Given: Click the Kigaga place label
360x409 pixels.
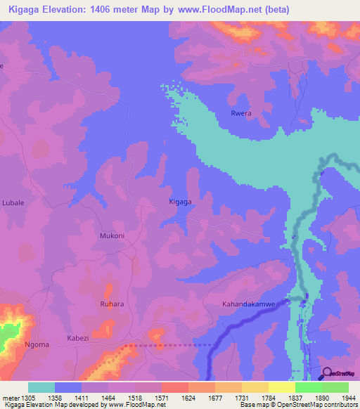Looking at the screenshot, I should (180, 202).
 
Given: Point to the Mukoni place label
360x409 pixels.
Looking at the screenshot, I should (112, 236).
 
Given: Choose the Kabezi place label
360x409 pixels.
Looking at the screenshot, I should (79, 338).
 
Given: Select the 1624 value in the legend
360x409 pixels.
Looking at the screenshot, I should (188, 397).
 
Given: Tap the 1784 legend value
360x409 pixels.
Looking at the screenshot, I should (269, 397).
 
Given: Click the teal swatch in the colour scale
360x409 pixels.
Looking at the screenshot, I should (41, 387).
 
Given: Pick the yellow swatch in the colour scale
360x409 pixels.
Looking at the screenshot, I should (281, 387).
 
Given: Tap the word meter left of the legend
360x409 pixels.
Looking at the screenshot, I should (11, 397).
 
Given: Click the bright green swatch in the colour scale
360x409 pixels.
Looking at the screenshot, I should (308, 387).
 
